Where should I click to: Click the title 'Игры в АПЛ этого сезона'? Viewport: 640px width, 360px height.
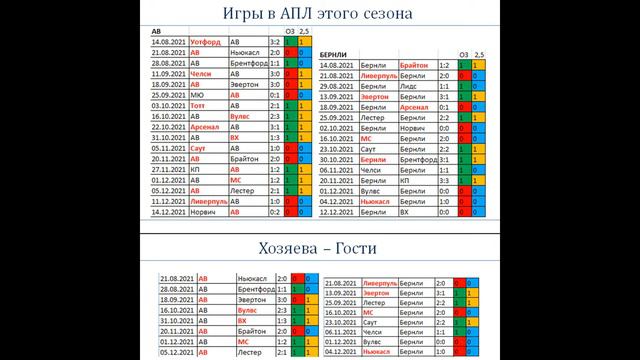click(x=319, y=14)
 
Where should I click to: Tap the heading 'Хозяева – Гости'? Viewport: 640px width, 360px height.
click(x=319, y=247)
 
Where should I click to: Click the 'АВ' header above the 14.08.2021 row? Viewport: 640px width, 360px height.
click(x=155, y=32)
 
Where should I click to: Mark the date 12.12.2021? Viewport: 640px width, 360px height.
click(x=341, y=212)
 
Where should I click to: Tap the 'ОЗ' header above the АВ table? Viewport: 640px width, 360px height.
click(x=290, y=32)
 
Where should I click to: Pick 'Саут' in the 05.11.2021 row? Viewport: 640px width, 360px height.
click(x=201, y=148)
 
